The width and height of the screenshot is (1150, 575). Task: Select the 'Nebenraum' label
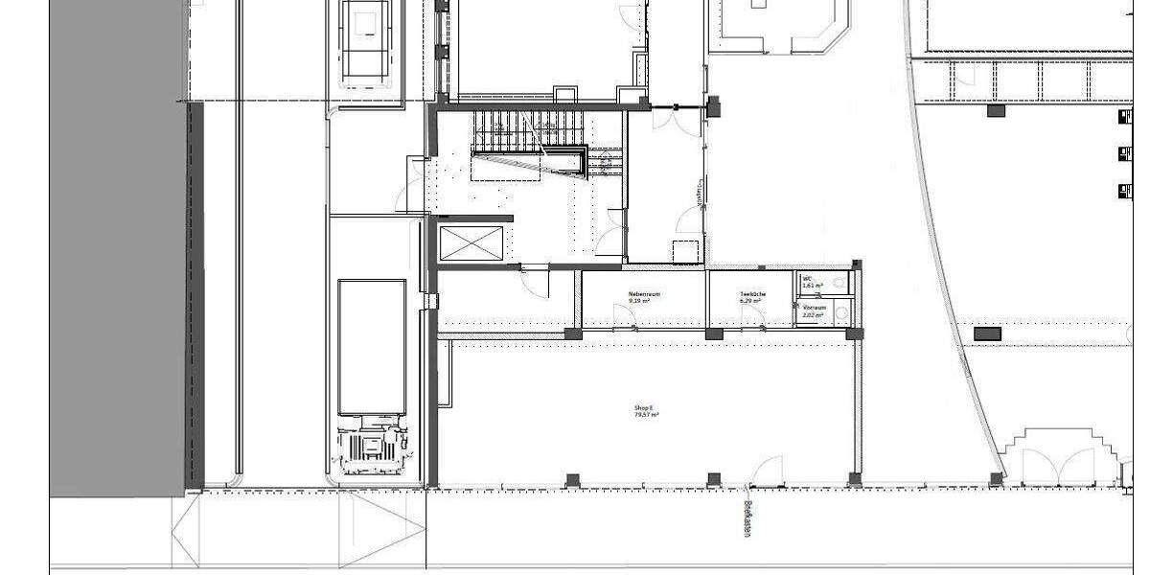(644, 293)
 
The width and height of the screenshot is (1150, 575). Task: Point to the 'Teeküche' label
(750, 293)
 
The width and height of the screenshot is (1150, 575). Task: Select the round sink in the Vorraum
(840, 311)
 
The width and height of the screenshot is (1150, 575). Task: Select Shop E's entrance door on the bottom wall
(769, 471)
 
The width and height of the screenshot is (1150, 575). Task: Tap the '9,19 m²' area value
(639, 301)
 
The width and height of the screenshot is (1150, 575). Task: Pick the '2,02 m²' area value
(813, 313)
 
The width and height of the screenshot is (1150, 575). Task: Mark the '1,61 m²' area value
(813, 286)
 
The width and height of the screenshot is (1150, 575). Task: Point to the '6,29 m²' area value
(749, 301)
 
